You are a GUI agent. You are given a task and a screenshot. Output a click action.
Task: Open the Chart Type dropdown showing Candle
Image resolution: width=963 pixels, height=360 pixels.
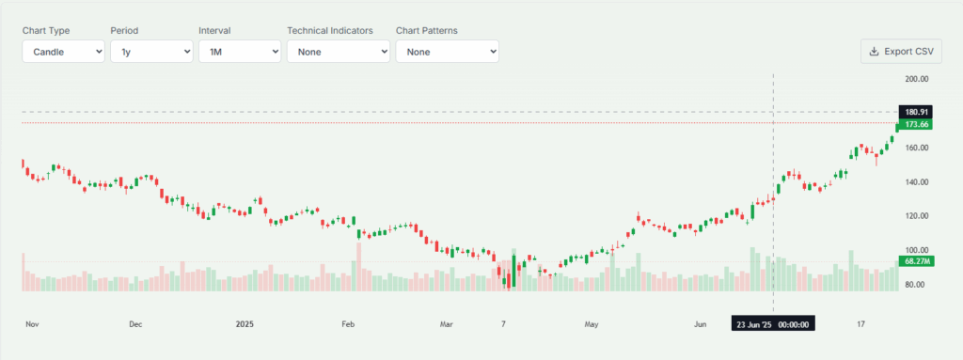click(64, 52)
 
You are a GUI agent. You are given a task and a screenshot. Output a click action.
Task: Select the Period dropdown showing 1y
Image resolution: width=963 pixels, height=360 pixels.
click(151, 52)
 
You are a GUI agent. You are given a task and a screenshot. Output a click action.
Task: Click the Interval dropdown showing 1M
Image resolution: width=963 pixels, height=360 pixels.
click(240, 52)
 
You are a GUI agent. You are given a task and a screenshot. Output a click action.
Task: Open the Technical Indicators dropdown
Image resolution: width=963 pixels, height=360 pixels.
click(339, 52)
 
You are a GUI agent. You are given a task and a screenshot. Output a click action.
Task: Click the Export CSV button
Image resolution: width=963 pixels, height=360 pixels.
click(901, 52)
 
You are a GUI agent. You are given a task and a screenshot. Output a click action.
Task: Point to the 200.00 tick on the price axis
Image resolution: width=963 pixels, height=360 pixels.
click(916, 79)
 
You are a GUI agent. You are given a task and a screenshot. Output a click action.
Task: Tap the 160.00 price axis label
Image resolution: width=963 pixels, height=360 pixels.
click(916, 148)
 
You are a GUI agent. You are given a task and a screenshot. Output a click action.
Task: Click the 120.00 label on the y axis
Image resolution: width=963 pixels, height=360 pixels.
click(916, 216)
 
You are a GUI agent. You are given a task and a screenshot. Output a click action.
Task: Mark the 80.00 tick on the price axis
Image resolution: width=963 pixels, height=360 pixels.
click(916, 284)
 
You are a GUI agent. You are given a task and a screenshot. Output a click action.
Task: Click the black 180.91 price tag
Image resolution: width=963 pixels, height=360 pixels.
click(916, 112)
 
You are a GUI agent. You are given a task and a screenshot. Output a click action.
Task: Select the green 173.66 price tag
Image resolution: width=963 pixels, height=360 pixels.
click(916, 124)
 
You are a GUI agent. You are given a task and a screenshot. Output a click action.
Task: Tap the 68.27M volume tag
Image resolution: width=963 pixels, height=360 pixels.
click(916, 260)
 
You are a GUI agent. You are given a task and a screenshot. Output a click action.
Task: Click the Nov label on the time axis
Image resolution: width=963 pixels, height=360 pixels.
click(32, 324)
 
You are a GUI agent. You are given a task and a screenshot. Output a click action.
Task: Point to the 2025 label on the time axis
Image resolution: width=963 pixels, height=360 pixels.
click(245, 324)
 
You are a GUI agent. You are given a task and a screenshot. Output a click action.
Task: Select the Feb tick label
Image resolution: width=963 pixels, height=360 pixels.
click(348, 324)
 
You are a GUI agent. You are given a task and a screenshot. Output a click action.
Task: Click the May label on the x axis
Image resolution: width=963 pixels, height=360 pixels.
click(592, 324)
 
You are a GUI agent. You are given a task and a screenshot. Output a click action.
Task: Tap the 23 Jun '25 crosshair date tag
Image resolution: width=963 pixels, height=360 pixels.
click(773, 324)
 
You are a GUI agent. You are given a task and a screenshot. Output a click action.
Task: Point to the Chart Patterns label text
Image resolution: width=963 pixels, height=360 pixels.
click(427, 30)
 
